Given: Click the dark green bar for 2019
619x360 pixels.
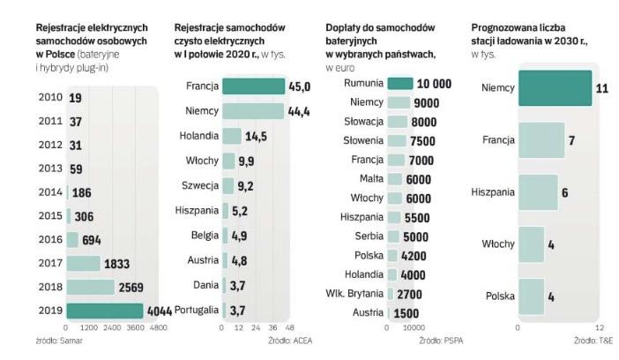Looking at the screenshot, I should pos(104,311).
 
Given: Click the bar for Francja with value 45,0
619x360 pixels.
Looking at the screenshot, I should pos(253,86).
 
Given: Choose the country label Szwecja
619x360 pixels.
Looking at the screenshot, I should pos(201,186).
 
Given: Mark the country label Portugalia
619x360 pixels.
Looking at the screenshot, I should pos(197,311).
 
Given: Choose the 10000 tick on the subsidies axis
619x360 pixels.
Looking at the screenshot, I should pos(414,326).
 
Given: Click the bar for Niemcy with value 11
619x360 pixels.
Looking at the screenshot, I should pos(555,89).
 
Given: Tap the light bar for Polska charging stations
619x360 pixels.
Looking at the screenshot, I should pos(531,296).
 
